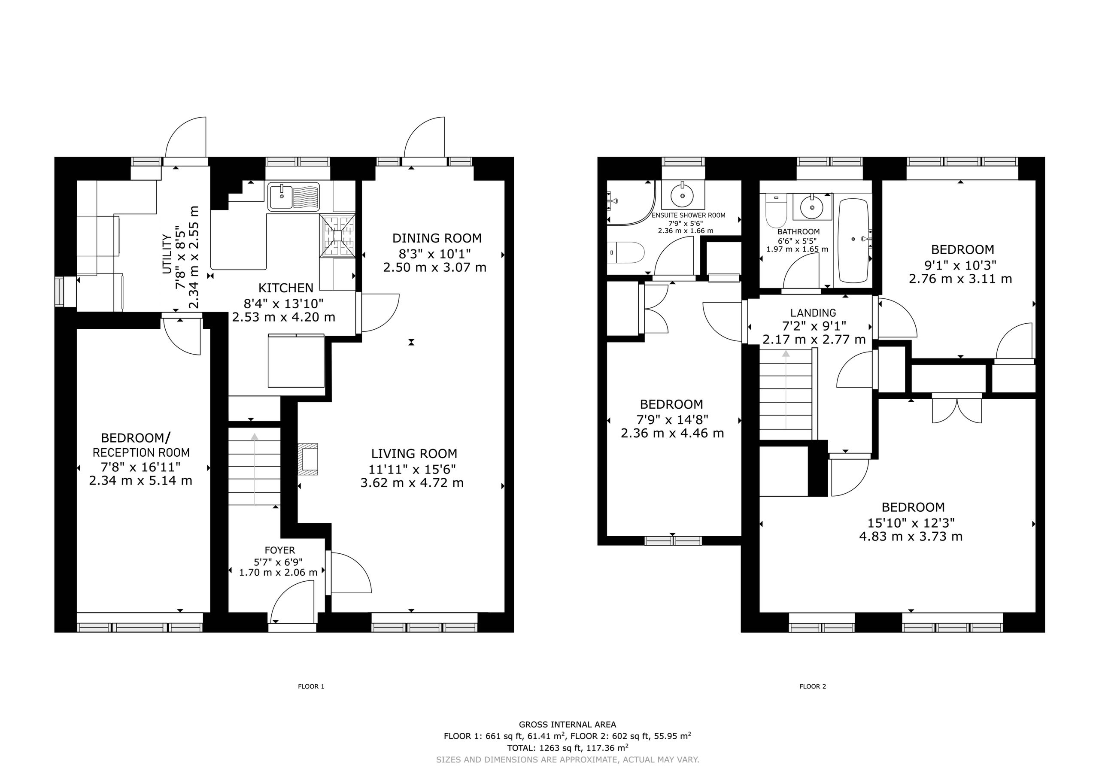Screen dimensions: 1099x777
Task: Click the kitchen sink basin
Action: tap(281, 197)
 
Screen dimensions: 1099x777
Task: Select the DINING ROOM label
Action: tap(437, 238)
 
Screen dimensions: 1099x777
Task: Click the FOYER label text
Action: tap(280, 551)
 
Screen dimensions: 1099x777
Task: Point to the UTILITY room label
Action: tap(167, 254)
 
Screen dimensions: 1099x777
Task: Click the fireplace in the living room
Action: tap(308, 459)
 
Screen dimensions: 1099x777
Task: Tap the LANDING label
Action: tap(813, 313)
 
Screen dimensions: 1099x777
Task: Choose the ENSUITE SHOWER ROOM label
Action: tap(688, 215)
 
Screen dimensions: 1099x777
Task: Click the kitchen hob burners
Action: tap(338, 236)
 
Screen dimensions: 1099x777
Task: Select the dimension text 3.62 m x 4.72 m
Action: tap(412, 483)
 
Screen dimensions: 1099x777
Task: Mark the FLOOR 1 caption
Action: tap(311, 686)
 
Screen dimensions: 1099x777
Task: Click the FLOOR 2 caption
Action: tap(813, 686)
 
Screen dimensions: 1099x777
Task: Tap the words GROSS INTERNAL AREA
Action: tap(568, 725)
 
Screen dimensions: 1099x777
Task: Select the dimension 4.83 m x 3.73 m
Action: tap(911, 537)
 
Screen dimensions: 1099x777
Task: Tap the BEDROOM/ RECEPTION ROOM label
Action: tap(141, 445)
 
